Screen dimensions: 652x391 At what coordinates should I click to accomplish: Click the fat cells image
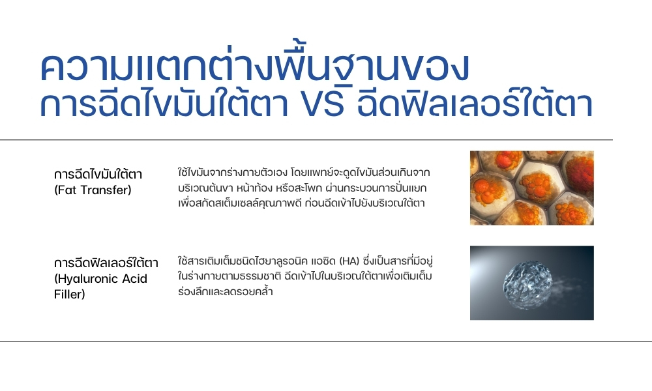tap(532, 188)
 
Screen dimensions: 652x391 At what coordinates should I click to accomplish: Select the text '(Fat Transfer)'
tap(93, 190)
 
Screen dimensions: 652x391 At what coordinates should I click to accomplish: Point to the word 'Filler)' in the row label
tap(70, 295)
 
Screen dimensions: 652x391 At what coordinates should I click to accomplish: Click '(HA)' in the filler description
tap(349, 261)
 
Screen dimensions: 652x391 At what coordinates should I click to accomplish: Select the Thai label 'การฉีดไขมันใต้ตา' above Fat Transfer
tap(98, 174)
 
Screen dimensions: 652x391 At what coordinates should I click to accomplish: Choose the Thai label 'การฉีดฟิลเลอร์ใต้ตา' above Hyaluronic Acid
tap(106, 263)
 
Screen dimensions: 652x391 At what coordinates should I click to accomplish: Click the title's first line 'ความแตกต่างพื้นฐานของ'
tap(255, 65)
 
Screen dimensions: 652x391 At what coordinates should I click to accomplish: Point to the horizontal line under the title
tap(306, 140)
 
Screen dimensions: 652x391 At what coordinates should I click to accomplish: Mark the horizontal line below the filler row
tap(326, 341)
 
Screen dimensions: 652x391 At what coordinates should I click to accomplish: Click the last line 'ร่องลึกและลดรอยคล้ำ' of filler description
tap(226, 291)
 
